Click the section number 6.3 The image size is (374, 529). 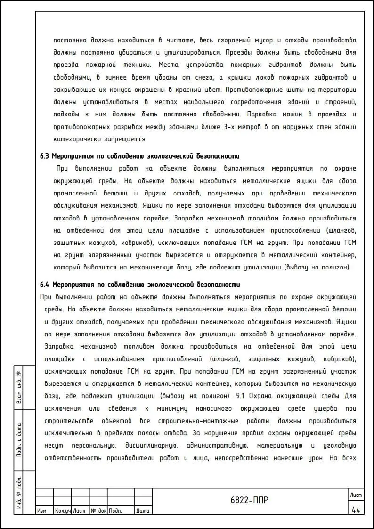tap(45, 156)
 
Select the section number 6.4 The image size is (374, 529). tap(45, 285)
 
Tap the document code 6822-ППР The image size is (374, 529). tap(249, 500)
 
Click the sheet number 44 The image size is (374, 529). tap(356, 509)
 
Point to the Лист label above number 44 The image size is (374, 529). tap(356, 495)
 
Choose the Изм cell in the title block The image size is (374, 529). tap(42, 511)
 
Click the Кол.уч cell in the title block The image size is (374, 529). tap(62, 511)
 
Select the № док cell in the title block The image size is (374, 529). tap(98, 511)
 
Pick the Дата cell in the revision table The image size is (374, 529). tap(143, 511)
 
